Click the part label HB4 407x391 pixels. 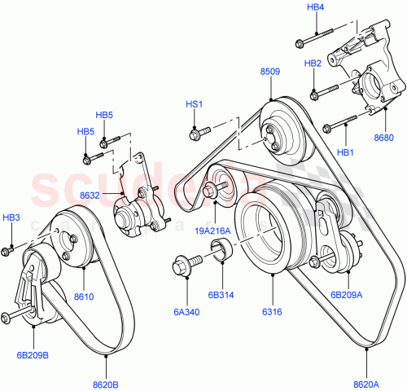tap(315, 7)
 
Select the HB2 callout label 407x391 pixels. tap(313, 63)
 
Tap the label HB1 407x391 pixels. tap(346, 152)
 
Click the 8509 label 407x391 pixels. tap(270, 72)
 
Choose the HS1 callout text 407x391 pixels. tap(194, 104)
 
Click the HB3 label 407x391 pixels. tap(11, 217)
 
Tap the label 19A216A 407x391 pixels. tap(213, 231)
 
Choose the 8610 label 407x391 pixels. tap(84, 297)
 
